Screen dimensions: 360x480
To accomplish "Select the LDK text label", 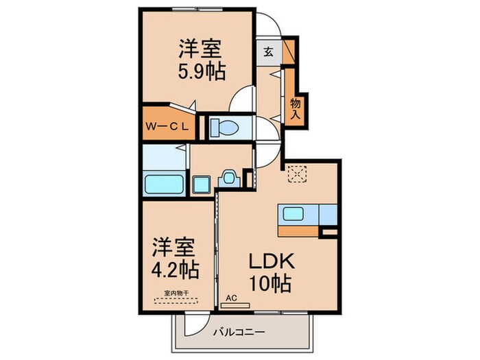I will click(x=271, y=261).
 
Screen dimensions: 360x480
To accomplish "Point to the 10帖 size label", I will click(x=271, y=282).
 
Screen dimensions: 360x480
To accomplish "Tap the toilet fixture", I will click(x=224, y=127).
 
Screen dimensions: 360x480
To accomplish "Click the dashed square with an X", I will click(x=297, y=174).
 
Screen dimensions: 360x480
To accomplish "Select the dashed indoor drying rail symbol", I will click(x=178, y=300).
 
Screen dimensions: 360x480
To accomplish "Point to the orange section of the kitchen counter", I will click(x=298, y=231).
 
